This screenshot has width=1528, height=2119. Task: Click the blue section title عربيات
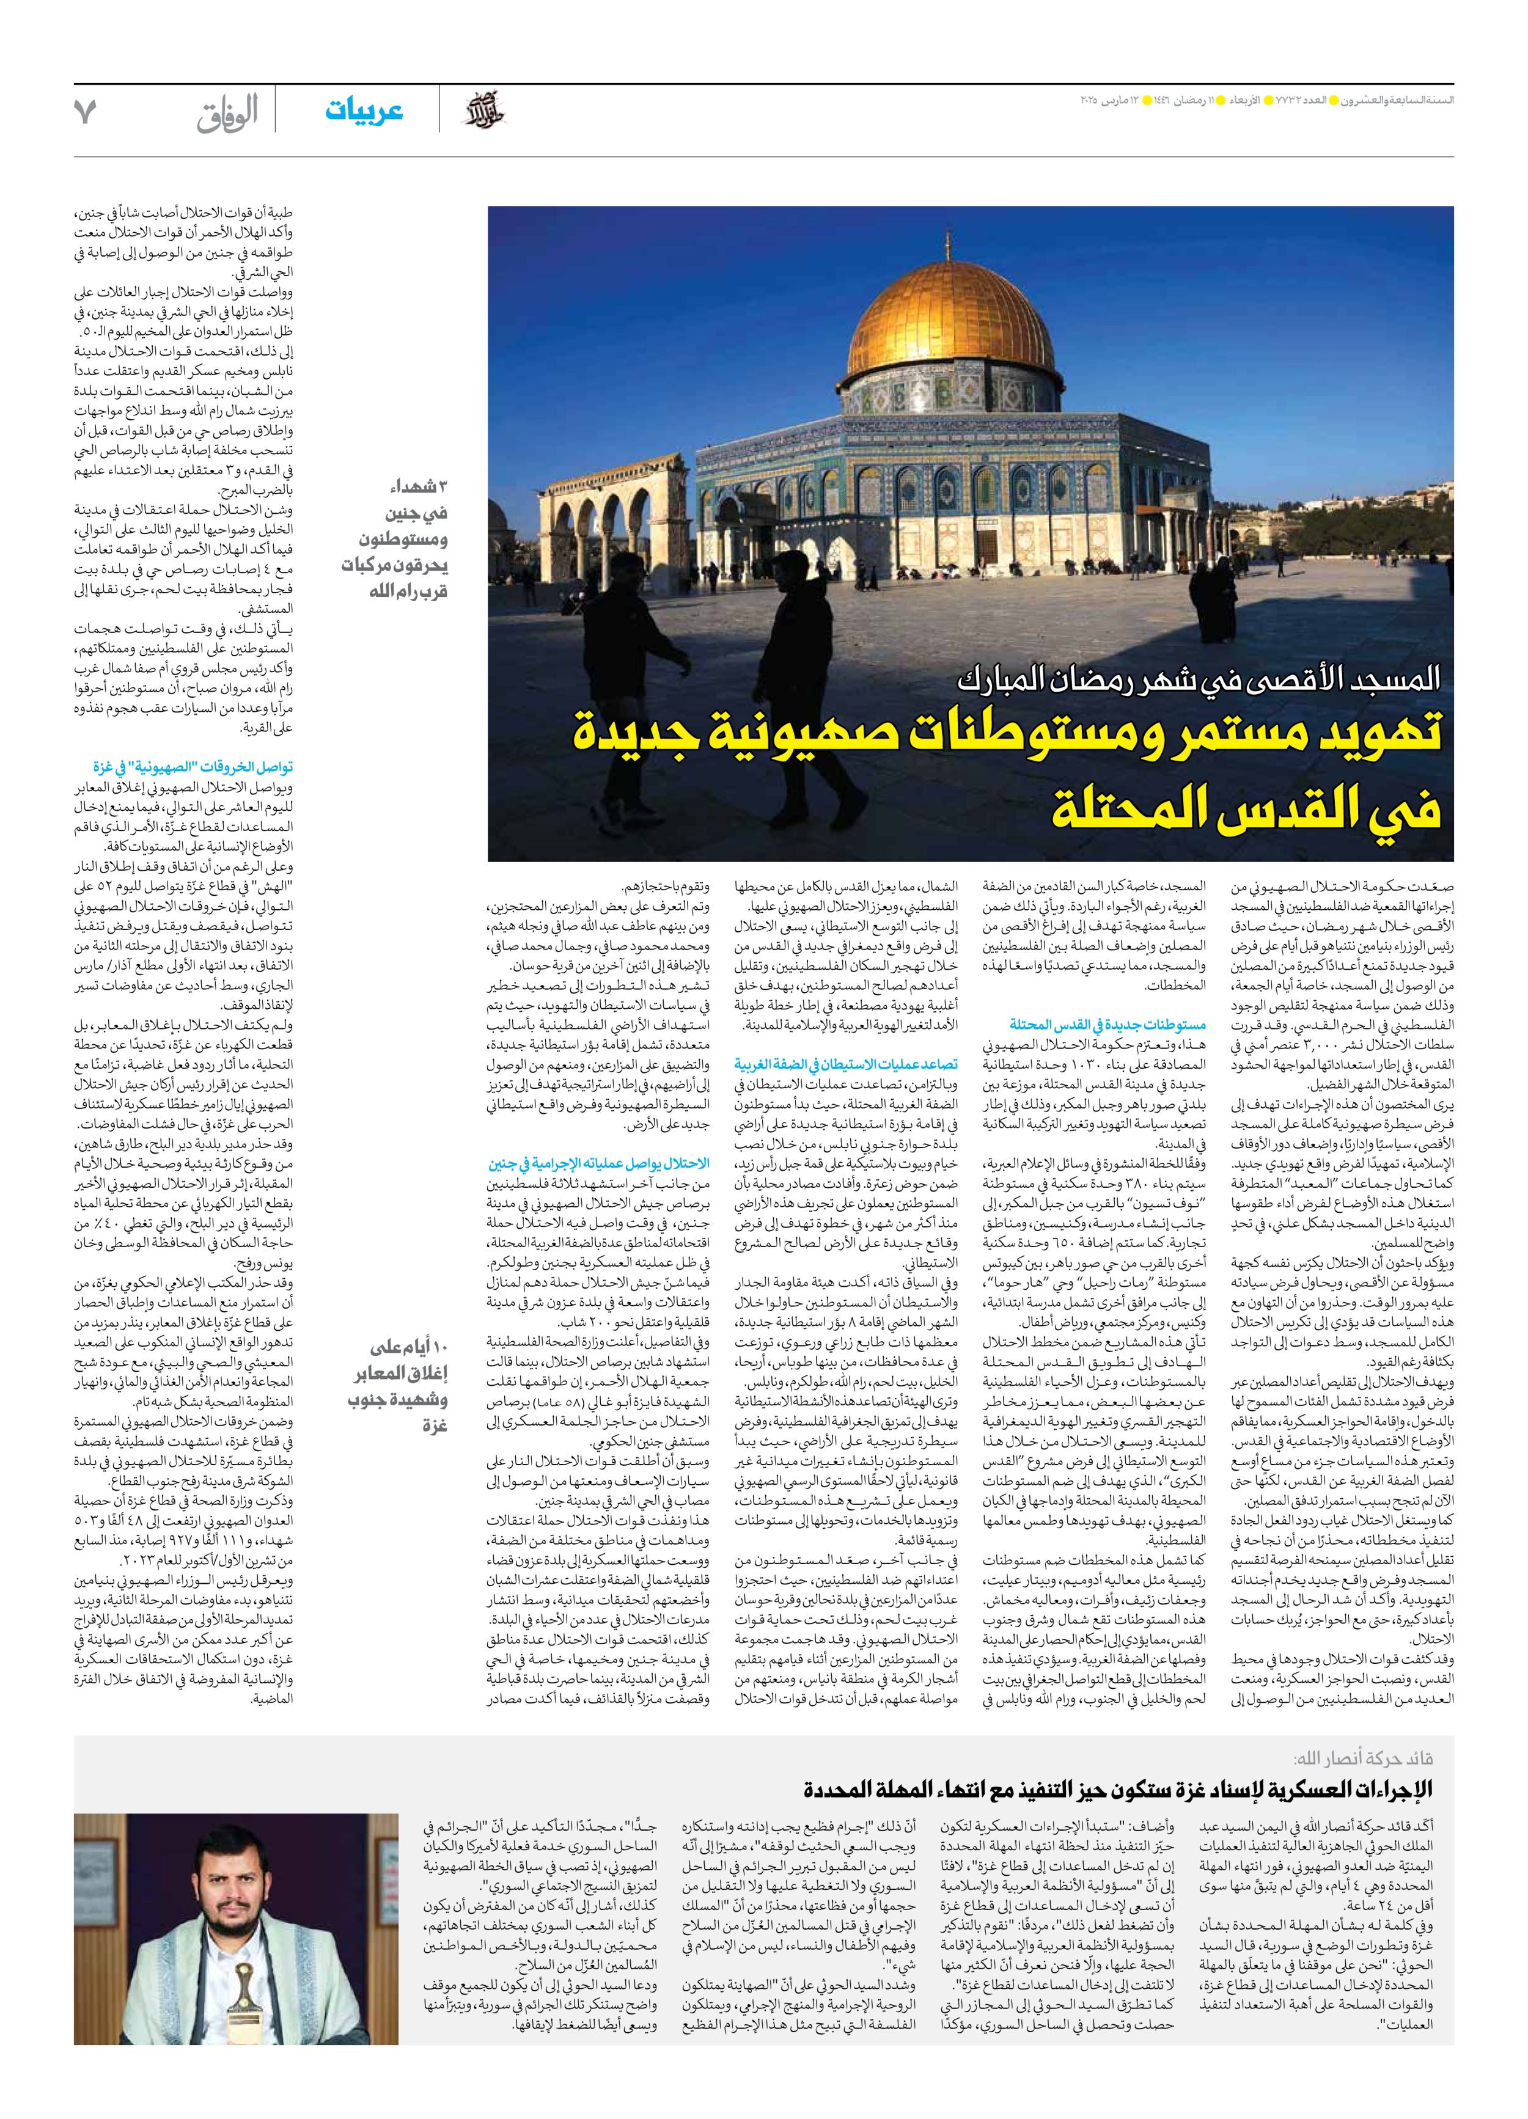364,110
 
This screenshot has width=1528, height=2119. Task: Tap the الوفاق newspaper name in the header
227,114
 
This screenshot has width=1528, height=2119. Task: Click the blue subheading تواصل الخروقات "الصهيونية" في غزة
193,767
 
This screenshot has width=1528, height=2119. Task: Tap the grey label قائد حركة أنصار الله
1362,1759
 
